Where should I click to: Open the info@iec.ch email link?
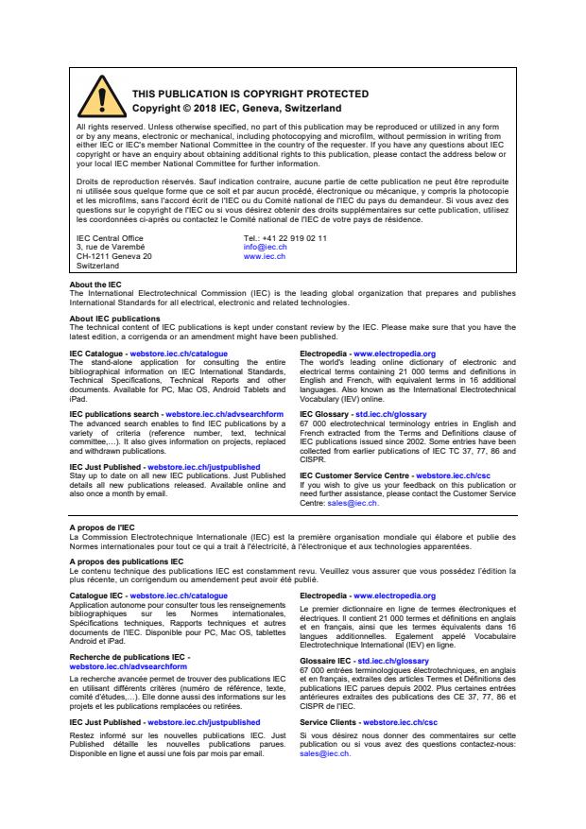click(x=264, y=248)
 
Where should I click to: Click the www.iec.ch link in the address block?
click(x=265, y=256)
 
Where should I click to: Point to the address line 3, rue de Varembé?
click(x=110, y=248)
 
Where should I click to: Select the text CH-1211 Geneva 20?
click(x=113, y=256)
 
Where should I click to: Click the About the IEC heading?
click(x=95, y=285)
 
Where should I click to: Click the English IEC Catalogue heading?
click(x=97, y=353)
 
